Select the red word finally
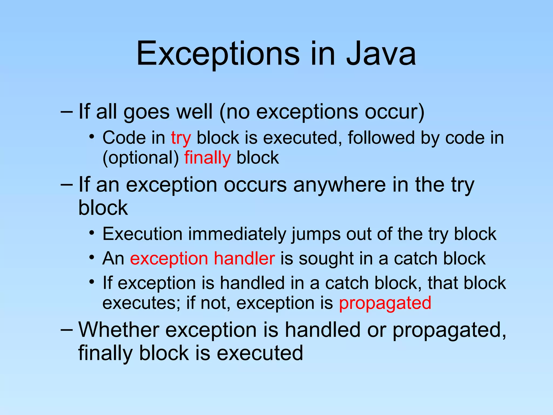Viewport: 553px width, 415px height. [x=207, y=158]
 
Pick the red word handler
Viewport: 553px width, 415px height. [x=244, y=258]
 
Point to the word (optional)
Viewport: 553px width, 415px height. [x=141, y=158]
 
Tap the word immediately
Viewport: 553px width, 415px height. [x=237, y=234]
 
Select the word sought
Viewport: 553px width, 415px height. [x=326, y=258]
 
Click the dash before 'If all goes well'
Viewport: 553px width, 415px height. [x=67, y=111]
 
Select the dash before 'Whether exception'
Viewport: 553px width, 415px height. [x=67, y=330]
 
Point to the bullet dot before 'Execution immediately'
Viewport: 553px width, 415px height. [x=92, y=232]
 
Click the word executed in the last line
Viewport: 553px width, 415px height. [x=260, y=353]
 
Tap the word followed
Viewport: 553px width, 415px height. [x=381, y=138]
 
